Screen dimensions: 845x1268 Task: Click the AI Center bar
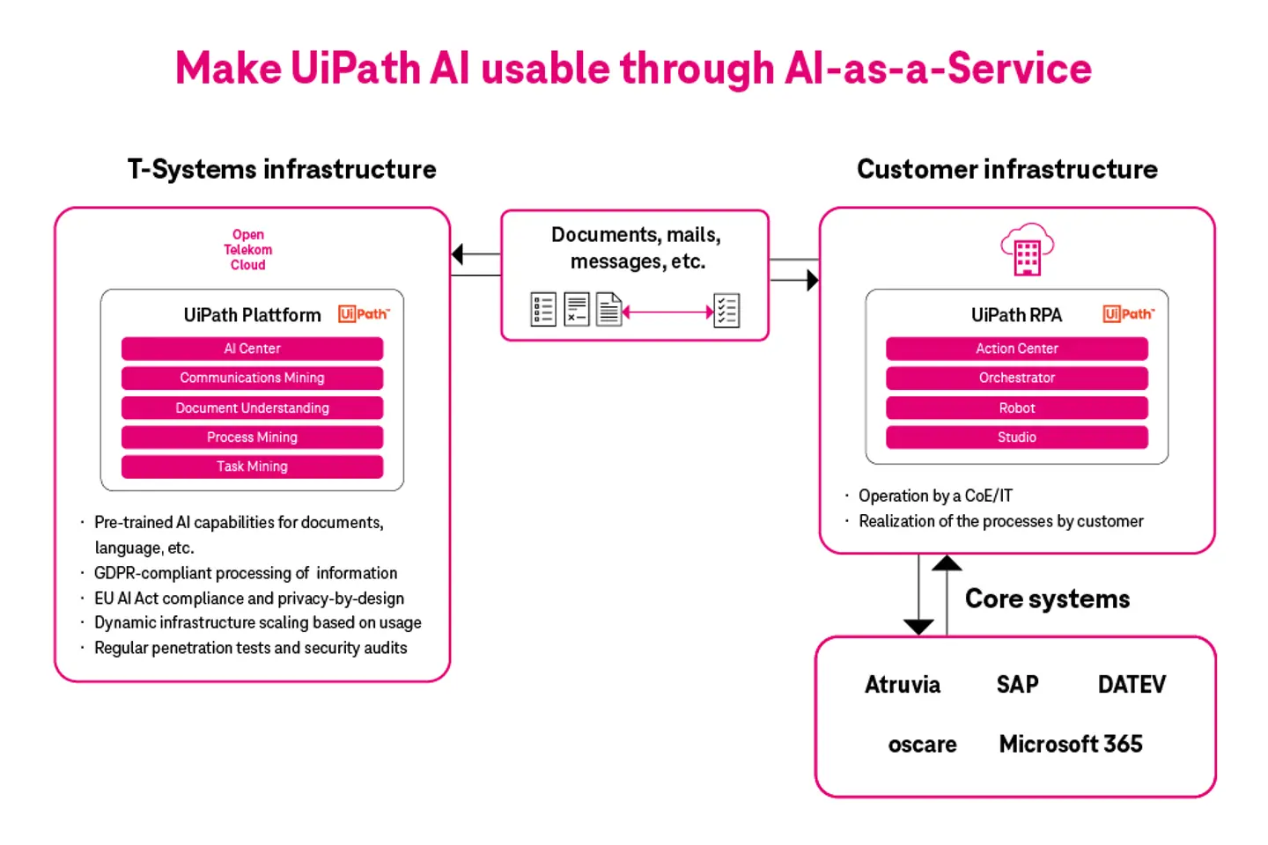pos(252,349)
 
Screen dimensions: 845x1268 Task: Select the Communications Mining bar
pos(252,378)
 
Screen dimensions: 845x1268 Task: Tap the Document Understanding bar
pos(252,408)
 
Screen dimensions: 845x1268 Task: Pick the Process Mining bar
pos(252,437)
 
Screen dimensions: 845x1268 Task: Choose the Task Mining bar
pos(252,467)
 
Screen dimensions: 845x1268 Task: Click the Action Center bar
pos(1016,349)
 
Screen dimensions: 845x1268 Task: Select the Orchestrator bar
pos(1016,378)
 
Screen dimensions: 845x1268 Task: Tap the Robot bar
pos(1016,408)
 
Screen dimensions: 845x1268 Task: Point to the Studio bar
pos(1016,437)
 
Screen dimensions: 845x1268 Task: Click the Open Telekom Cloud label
pos(248,250)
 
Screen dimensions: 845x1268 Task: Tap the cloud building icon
pos(1027,249)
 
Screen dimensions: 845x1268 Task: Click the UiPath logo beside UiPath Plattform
pos(364,314)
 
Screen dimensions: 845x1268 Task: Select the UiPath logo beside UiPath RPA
pos(1128,314)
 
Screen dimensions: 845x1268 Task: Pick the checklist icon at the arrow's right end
pos(726,311)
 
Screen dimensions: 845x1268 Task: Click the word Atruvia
pos(903,685)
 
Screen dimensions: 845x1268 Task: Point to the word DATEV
pos(1132,685)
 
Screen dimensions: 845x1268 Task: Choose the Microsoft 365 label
pos(1071,745)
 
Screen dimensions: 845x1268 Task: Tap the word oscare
pos(922,745)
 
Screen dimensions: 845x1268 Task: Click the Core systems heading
pos(1047,599)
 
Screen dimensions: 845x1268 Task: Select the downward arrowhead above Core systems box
pos(918,627)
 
